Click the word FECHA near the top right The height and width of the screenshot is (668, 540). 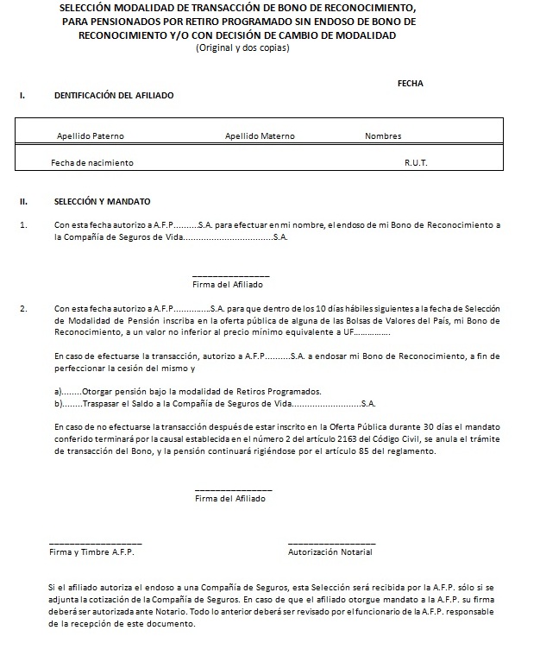[x=410, y=84]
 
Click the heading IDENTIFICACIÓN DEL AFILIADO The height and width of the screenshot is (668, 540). [x=114, y=96]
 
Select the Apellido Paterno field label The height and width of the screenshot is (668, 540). [x=91, y=136]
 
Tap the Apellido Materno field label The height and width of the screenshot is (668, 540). [x=260, y=136]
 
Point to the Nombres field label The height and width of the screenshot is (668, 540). [x=383, y=136]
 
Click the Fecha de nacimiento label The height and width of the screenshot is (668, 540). [x=92, y=163]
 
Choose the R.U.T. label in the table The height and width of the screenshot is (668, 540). [x=416, y=163]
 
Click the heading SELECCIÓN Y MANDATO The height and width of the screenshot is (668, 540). [x=102, y=202]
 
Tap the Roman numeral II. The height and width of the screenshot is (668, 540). [x=24, y=202]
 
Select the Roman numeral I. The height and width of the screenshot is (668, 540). [x=22, y=96]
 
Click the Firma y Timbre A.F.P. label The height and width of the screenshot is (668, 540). [x=91, y=551]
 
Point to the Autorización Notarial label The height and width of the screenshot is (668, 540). [x=330, y=551]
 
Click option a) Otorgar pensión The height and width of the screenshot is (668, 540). [x=187, y=391]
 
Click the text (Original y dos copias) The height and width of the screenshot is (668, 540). [x=242, y=48]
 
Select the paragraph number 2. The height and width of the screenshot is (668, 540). [x=23, y=308]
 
